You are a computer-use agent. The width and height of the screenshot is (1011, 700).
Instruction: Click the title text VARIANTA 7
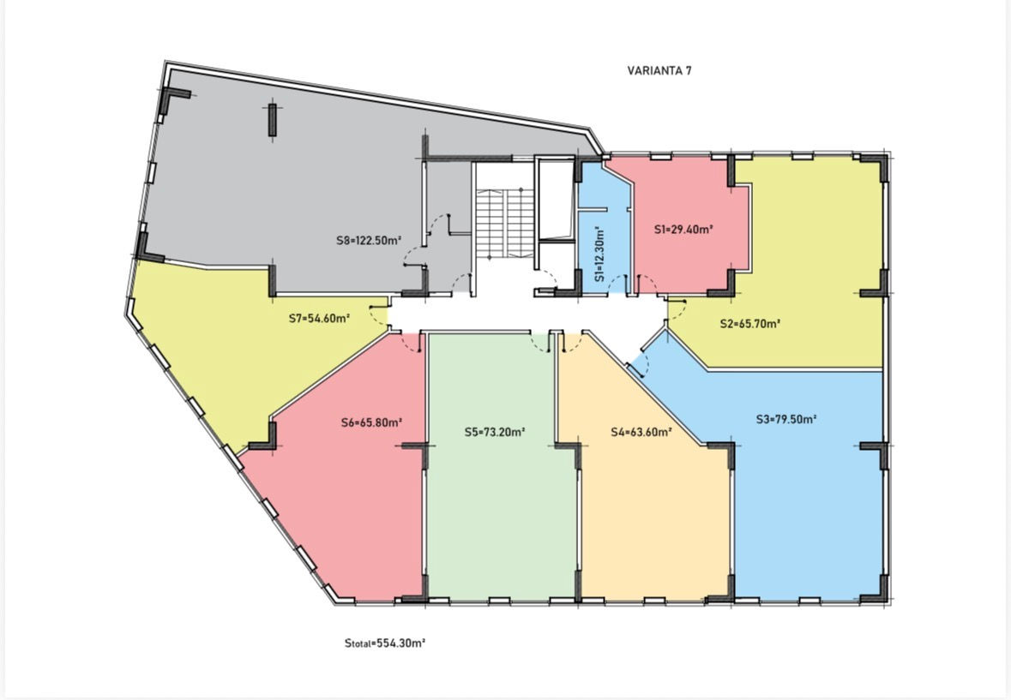659,71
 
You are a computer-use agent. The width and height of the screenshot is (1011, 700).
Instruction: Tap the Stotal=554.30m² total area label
385,643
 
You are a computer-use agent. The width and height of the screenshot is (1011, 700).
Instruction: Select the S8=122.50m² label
369,240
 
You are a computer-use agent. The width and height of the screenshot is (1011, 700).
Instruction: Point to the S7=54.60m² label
319,318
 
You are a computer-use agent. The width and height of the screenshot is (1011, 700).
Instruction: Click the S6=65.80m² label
371,423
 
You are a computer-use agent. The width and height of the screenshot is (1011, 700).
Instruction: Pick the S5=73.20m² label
495,432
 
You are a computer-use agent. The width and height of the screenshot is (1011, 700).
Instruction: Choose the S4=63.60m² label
641,432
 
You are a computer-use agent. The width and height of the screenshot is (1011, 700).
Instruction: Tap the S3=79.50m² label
786,419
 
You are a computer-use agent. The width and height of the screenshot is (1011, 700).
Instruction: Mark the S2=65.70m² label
750,324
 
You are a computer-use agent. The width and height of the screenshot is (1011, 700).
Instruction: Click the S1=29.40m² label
683,229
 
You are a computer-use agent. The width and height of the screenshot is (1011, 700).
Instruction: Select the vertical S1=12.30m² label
599,254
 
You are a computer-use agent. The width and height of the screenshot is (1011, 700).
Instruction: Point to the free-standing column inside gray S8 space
272,120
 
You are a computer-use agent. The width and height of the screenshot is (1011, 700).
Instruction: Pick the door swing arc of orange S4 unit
573,344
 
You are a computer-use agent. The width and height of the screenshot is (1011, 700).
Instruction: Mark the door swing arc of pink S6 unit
409,344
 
